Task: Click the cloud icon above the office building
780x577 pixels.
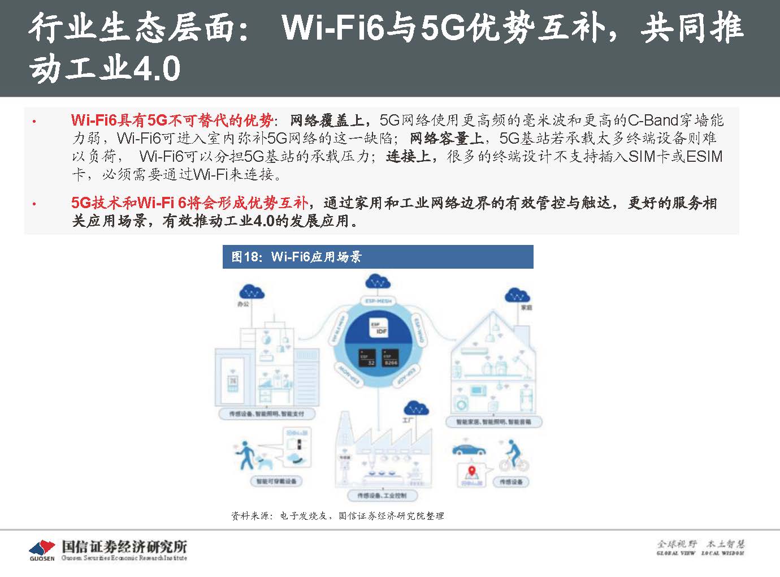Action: [x=252, y=292]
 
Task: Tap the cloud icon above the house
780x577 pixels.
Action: [x=517, y=295]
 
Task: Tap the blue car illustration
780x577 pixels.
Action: [x=469, y=449]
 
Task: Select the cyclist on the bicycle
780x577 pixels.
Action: [x=513, y=456]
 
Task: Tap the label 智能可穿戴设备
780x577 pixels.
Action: [x=276, y=481]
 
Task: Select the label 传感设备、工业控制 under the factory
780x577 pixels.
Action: [x=382, y=496]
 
